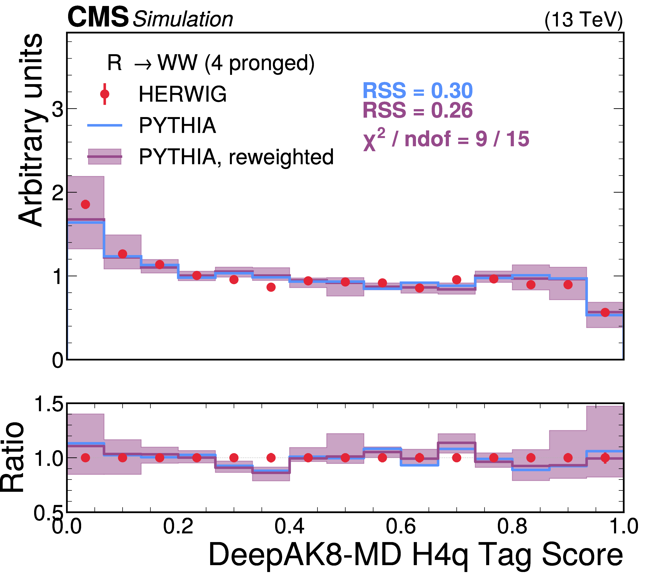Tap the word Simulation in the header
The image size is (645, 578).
[x=183, y=19]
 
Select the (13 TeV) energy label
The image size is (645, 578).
[x=583, y=20]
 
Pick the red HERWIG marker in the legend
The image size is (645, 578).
[x=104, y=94]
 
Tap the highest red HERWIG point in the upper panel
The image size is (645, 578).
[x=85, y=204]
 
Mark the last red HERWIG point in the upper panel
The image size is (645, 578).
[x=605, y=312]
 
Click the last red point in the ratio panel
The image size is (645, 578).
[x=605, y=458]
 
